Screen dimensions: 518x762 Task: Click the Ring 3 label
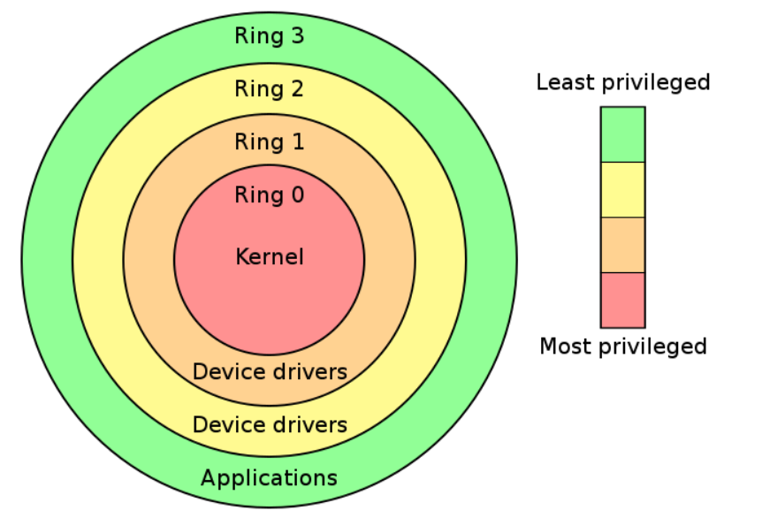click(269, 37)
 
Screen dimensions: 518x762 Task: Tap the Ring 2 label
click(269, 89)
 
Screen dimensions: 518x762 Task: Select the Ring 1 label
click(269, 142)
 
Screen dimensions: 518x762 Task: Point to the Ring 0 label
click(269, 195)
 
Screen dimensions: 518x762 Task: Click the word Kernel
click(270, 257)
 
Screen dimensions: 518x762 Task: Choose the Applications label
click(269, 478)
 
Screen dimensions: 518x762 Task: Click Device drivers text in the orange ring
click(270, 371)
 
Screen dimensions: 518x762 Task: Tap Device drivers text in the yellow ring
click(270, 424)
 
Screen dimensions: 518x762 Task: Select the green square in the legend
click(622, 134)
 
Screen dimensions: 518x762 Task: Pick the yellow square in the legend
click(622, 189)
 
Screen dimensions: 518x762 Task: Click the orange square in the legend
click(622, 245)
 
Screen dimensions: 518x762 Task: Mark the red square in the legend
click(622, 300)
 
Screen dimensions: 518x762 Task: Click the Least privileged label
click(623, 83)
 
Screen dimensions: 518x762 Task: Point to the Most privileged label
click(623, 346)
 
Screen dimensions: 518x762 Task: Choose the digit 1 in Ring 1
click(296, 142)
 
